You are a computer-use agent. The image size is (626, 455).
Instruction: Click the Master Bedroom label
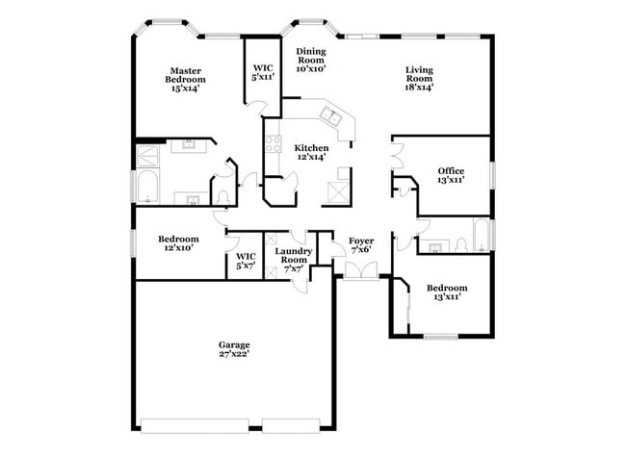(186, 79)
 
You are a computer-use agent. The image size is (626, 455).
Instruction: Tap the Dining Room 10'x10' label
(310, 60)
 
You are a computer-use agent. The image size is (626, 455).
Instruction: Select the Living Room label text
(419, 77)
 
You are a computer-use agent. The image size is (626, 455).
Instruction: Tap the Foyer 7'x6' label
(361, 245)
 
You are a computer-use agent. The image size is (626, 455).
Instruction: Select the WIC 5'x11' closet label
(263, 71)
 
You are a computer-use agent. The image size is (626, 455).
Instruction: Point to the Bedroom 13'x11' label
(447, 292)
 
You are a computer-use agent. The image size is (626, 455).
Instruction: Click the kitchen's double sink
(330, 118)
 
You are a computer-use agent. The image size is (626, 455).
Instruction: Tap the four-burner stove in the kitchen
(274, 145)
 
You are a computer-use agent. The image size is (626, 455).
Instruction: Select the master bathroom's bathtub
(150, 186)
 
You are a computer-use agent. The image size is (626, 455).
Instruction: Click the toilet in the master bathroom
(222, 196)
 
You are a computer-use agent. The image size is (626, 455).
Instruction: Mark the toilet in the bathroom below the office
(459, 241)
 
